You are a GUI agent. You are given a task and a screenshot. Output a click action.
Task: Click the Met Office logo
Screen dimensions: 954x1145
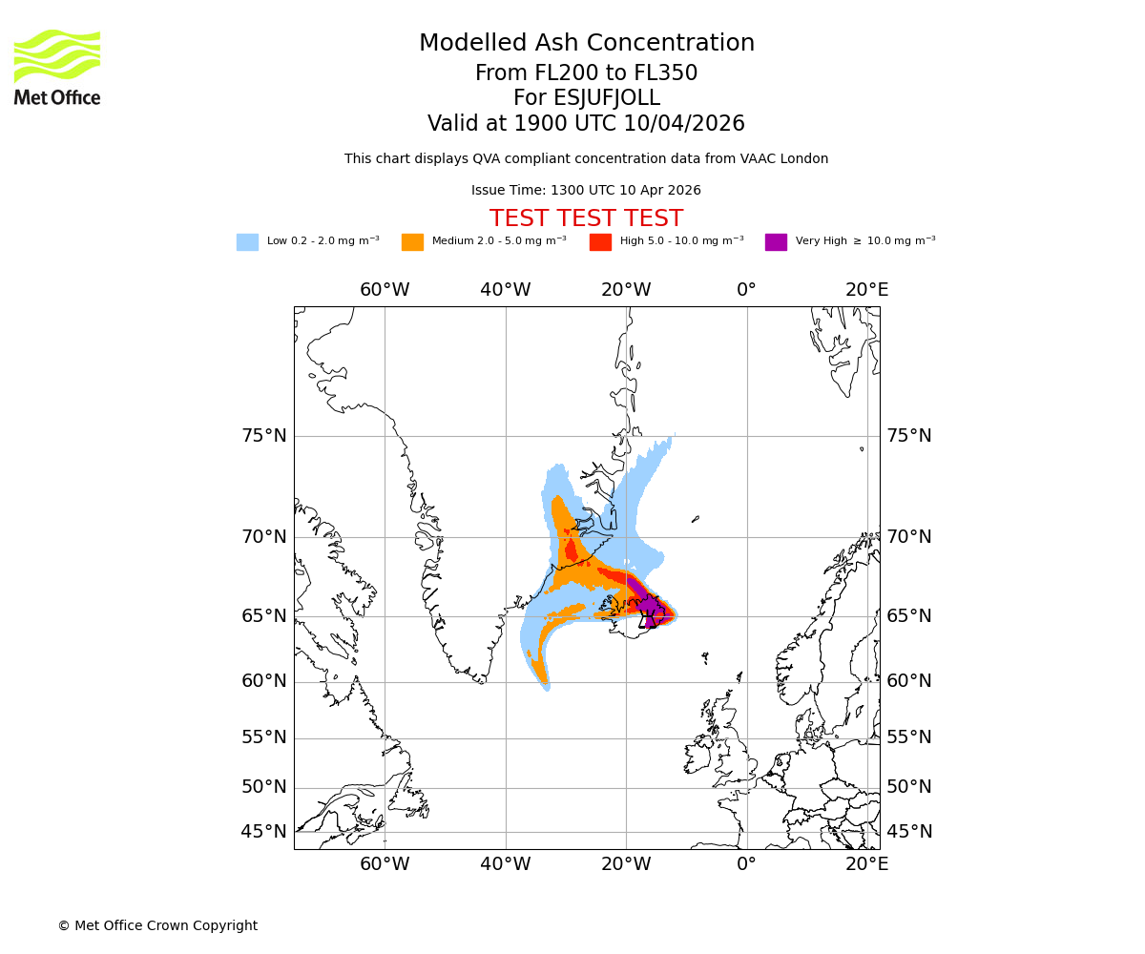click(57, 67)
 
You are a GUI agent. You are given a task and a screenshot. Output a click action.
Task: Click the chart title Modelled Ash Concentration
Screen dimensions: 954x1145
click(586, 44)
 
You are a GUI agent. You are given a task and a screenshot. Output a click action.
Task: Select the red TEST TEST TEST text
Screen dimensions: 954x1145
click(586, 218)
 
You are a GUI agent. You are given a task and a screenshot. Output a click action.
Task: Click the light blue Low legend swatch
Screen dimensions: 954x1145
click(247, 242)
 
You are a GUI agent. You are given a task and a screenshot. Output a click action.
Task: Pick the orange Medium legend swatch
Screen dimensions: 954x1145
click(412, 242)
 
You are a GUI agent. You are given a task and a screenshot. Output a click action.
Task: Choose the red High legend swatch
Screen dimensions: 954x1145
click(600, 242)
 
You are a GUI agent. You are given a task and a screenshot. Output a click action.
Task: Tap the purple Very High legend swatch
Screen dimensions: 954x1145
click(776, 242)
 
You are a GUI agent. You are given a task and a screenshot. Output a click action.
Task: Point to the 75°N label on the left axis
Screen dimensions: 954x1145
click(263, 436)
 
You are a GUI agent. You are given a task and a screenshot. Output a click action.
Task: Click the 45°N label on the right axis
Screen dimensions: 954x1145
click(909, 832)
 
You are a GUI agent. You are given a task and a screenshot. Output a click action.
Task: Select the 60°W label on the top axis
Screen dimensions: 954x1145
click(385, 290)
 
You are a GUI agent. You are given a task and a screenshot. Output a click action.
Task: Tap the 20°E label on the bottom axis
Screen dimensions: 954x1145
click(866, 864)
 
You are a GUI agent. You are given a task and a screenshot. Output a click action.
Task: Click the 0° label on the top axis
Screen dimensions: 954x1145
click(746, 290)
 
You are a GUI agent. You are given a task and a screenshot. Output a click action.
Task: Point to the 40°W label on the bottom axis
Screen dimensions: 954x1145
click(505, 864)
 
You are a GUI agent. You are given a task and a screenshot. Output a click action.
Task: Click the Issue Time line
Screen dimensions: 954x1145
click(586, 191)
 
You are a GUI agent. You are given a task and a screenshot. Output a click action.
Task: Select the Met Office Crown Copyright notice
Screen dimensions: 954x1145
click(157, 925)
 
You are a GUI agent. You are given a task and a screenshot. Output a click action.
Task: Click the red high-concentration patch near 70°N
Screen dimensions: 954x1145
click(571, 550)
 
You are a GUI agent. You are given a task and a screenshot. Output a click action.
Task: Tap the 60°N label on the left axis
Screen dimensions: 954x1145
click(263, 681)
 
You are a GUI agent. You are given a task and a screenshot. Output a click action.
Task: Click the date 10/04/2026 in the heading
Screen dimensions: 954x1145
click(684, 124)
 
